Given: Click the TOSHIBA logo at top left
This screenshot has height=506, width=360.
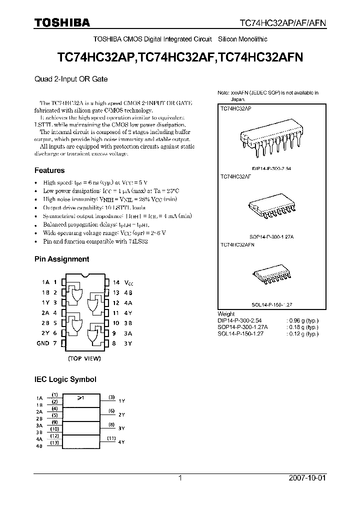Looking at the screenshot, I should (62, 22).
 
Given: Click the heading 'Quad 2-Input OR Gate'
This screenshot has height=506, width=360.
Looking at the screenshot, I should (71, 79).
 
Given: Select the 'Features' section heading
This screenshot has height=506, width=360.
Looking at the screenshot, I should (49, 170).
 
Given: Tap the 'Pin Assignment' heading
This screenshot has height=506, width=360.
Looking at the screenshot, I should (61, 259).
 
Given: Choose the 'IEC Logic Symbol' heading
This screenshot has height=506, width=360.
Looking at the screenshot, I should (65, 379).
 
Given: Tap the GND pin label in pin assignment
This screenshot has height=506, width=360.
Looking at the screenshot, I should (43, 343).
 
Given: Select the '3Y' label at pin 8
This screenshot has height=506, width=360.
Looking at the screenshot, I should (128, 343).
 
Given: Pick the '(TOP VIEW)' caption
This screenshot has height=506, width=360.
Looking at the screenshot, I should (84, 358).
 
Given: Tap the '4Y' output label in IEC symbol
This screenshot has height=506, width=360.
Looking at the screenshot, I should (121, 443).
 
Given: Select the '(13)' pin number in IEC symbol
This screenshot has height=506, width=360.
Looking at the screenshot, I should (55, 442).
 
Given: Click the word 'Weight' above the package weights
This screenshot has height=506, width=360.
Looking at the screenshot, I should (226, 314).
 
